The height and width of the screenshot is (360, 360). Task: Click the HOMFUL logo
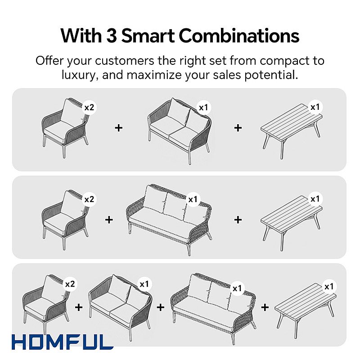tap(63, 342)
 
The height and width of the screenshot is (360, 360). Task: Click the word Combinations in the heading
tap(239, 36)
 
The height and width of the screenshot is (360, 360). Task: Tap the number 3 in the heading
tap(112, 36)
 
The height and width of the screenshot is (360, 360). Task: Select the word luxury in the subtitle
tap(78, 75)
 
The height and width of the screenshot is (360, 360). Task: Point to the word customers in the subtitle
tap(125, 61)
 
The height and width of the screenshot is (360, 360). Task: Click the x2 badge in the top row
tap(89, 108)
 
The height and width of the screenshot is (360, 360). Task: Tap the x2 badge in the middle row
tap(89, 199)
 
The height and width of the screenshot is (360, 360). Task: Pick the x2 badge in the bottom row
tap(70, 284)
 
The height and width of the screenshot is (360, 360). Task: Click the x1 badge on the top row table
tap(315, 107)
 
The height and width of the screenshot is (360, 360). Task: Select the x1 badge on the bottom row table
tap(329, 287)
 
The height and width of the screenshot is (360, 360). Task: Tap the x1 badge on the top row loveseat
tap(203, 108)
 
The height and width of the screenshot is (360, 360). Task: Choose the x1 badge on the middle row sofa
tap(193, 199)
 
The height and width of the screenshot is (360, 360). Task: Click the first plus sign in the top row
tap(118, 128)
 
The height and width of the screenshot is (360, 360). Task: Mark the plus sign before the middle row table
tap(238, 220)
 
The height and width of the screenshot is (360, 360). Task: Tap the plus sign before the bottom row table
tap(265, 307)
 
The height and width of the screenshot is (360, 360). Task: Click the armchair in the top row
tap(65, 128)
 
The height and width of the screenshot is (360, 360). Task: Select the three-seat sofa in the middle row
tap(169, 219)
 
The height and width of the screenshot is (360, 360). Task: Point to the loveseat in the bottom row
tap(120, 307)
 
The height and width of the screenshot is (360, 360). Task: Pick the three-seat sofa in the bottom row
tap(213, 308)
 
